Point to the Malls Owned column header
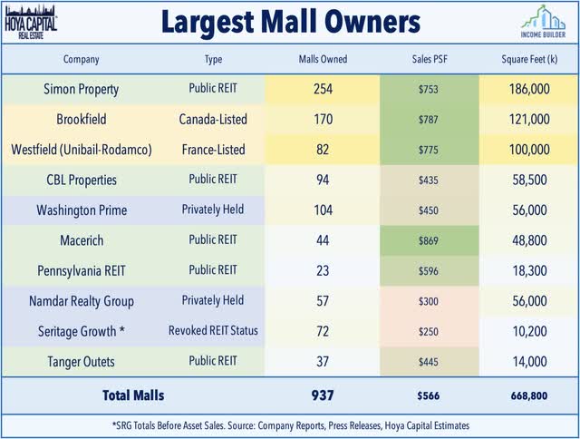pos(323,60)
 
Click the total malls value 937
pos(323,395)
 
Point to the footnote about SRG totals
pos(290,425)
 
